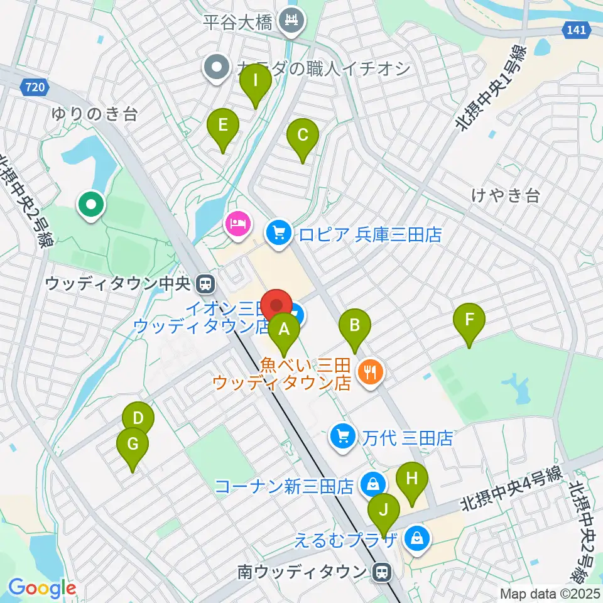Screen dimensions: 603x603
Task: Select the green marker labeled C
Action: click(x=303, y=135)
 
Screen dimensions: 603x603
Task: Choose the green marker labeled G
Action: click(x=133, y=445)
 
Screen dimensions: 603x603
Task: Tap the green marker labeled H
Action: click(x=411, y=479)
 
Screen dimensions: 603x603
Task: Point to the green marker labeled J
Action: click(x=383, y=510)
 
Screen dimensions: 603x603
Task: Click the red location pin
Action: click(x=276, y=306)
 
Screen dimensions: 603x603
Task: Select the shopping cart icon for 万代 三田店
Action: click(x=342, y=436)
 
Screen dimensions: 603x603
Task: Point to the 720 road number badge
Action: click(x=36, y=88)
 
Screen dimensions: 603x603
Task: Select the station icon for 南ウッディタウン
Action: click(x=380, y=572)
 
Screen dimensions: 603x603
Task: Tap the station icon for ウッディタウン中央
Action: click(x=205, y=285)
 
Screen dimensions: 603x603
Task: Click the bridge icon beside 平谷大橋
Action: click(x=291, y=23)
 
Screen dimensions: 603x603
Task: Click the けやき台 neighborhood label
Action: click(x=505, y=196)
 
